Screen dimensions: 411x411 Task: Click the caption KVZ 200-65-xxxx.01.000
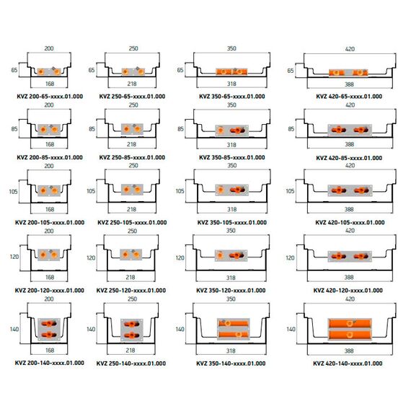(x=50, y=97)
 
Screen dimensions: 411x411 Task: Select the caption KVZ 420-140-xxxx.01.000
(x=348, y=363)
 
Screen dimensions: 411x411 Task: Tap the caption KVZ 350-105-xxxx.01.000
(x=232, y=223)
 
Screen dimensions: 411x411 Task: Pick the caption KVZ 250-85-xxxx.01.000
(x=132, y=157)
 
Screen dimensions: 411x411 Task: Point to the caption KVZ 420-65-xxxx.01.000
(x=349, y=97)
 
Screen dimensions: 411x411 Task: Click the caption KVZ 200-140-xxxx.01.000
(x=50, y=363)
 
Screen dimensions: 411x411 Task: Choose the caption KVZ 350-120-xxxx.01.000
(x=231, y=291)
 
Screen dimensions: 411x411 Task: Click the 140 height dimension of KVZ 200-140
(x=14, y=330)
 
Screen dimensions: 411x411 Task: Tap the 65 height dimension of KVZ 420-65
(x=291, y=71)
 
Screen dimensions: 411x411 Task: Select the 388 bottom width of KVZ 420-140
(x=349, y=350)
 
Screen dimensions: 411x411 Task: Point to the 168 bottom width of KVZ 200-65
(x=50, y=84)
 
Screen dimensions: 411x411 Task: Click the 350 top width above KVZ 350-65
(x=231, y=48)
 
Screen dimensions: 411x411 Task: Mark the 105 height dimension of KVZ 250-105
(x=91, y=191)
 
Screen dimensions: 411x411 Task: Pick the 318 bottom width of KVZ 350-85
(x=231, y=145)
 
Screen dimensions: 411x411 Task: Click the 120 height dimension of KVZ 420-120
(x=290, y=258)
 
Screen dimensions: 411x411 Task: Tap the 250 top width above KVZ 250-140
(x=133, y=299)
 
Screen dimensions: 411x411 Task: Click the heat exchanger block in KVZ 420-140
(x=350, y=330)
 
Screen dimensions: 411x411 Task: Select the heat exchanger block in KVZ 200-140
(x=49, y=330)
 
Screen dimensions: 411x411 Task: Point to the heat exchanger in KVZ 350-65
(x=231, y=72)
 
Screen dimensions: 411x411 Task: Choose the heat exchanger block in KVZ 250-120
(x=131, y=255)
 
